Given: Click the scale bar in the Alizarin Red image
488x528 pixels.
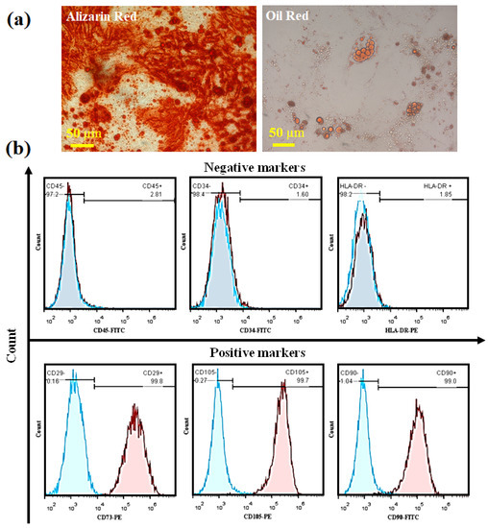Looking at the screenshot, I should coord(81,146).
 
